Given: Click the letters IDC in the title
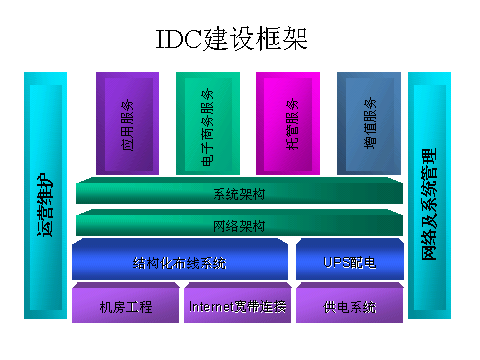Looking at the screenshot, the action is [x=179, y=40].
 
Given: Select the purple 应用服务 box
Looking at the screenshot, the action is [x=127, y=121].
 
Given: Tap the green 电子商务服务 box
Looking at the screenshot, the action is [x=207, y=121].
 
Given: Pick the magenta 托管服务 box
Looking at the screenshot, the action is [x=288, y=121].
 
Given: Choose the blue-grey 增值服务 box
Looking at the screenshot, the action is [x=369, y=121].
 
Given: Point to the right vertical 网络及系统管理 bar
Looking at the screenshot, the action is [x=431, y=200].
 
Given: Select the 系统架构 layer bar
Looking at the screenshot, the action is [x=238, y=192].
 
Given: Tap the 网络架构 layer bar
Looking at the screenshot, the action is [x=238, y=225].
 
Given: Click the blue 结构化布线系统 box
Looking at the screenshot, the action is [x=179, y=262].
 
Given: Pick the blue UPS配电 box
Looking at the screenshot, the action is [x=349, y=262].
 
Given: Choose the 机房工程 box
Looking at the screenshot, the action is [x=126, y=305].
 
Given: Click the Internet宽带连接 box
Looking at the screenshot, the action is [x=237, y=305].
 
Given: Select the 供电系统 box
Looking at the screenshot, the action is [x=349, y=305].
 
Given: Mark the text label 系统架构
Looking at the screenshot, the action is [x=239, y=193].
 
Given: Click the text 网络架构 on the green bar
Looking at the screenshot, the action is [x=239, y=226].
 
